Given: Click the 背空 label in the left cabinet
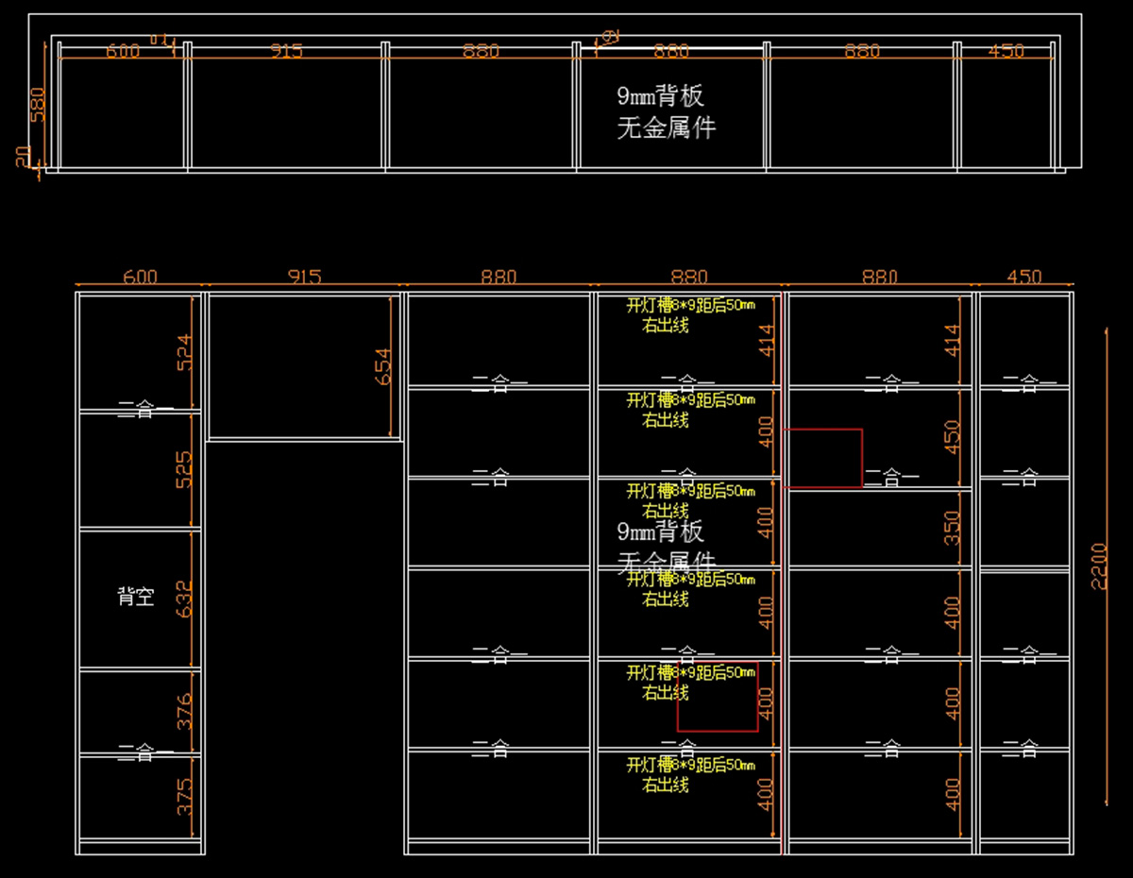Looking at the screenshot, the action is pyautogui.click(x=135, y=597).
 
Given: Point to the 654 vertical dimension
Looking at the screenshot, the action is pyautogui.click(x=382, y=366).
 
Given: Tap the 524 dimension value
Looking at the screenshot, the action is pyautogui.click(x=184, y=351).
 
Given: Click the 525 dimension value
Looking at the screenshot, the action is pyautogui.click(x=184, y=469).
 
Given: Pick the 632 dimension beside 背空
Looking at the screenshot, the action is pyautogui.click(x=184, y=598).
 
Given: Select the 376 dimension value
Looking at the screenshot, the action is pyautogui.click(x=184, y=711).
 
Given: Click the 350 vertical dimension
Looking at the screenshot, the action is pyautogui.click(x=953, y=528).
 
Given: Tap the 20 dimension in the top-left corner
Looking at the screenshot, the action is pyautogui.click(x=24, y=157).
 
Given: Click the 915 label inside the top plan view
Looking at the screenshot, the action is pyautogui.click(x=286, y=52).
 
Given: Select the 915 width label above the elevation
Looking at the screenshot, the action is pyautogui.click(x=304, y=277).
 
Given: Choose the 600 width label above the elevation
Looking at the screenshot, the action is pyautogui.click(x=141, y=277).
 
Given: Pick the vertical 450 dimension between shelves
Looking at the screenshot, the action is pyautogui.click(x=953, y=435).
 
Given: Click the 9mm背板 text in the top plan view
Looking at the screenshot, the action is pyautogui.click(x=661, y=96).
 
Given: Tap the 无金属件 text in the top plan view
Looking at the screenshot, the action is pyautogui.click(x=667, y=127).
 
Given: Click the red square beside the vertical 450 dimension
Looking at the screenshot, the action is pyautogui.click(x=823, y=458).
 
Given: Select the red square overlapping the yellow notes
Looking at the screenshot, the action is pyautogui.click(x=718, y=697).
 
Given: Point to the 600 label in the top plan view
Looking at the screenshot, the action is pyautogui.click(x=123, y=52).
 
